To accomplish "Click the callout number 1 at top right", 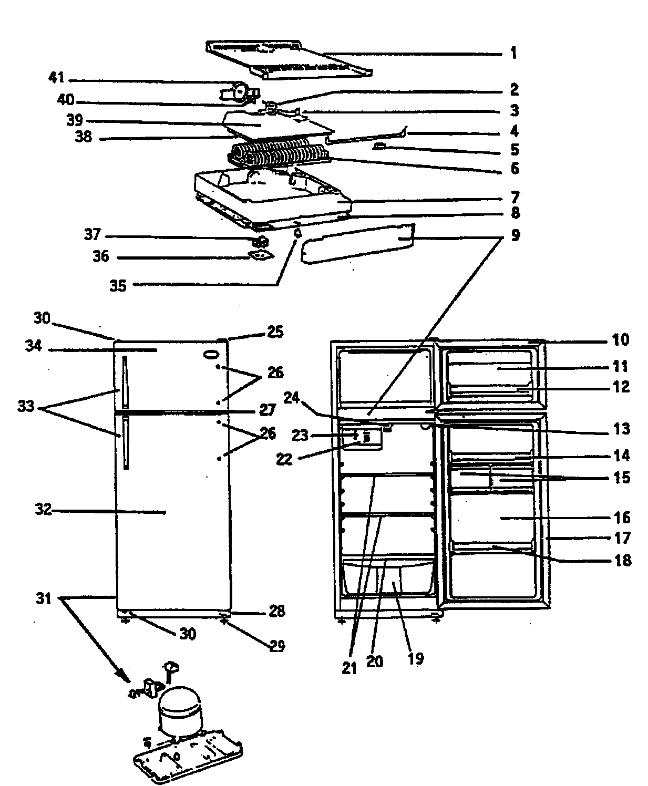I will tap(513, 53).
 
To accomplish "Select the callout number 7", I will tap(515, 198).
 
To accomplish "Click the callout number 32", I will tap(45, 510).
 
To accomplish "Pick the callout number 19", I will tap(415, 659).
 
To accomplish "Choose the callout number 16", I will tap(622, 518).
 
